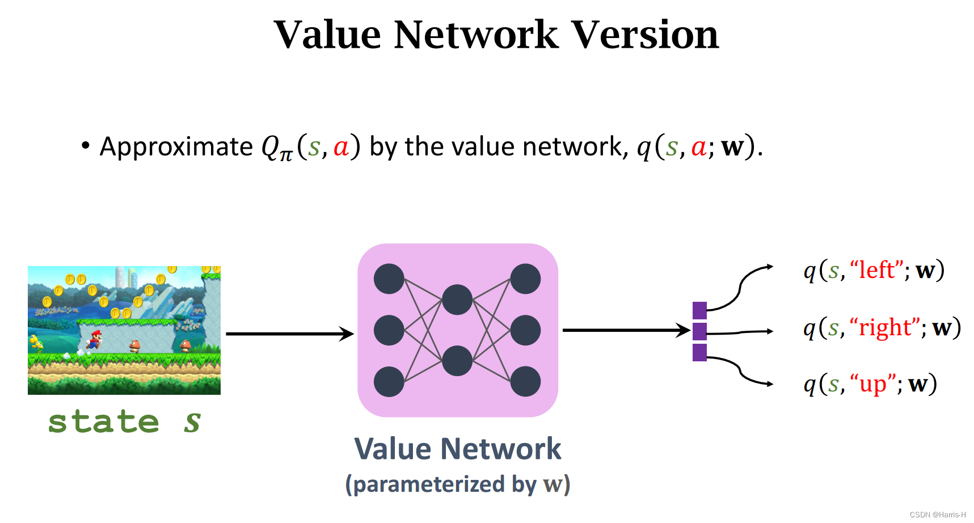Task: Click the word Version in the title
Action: pyautogui.click(x=644, y=35)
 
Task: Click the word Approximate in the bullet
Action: pyautogui.click(x=176, y=147)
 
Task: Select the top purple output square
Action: pyautogui.click(x=699, y=310)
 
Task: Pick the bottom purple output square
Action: pyautogui.click(x=699, y=352)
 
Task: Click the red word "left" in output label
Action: pyautogui.click(x=876, y=270)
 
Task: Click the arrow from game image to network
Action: pyautogui.click(x=289, y=334)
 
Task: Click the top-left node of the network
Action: pyautogui.click(x=389, y=279)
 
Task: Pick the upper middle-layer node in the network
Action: pyautogui.click(x=457, y=300)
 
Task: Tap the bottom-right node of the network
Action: pyautogui.click(x=525, y=381)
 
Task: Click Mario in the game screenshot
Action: pyautogui.click(x=95, y=339)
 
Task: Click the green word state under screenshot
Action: pyautogui.click(x=103, y=422)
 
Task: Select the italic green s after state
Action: pyautogui.click(x=192, y=422)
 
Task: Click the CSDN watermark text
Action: pyautogui.click(x=937, y=514)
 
